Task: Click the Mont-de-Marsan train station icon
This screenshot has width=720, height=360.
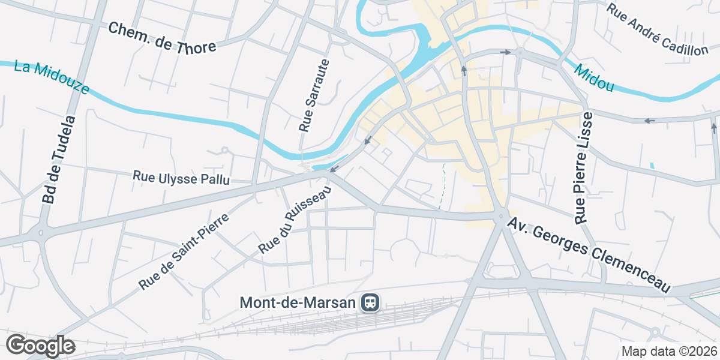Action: coord(370,302)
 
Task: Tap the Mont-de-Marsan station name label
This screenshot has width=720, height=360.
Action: coord(298,302)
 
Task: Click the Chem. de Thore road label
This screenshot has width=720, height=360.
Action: coord(163,38)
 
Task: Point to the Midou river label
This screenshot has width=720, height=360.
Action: coord(593,79)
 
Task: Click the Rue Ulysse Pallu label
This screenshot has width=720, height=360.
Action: coord(181,178)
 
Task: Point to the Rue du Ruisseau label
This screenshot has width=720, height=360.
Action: coord(295,221)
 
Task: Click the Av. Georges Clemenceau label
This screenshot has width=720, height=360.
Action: coord(589,255)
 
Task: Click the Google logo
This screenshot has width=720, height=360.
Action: coord(40,346)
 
